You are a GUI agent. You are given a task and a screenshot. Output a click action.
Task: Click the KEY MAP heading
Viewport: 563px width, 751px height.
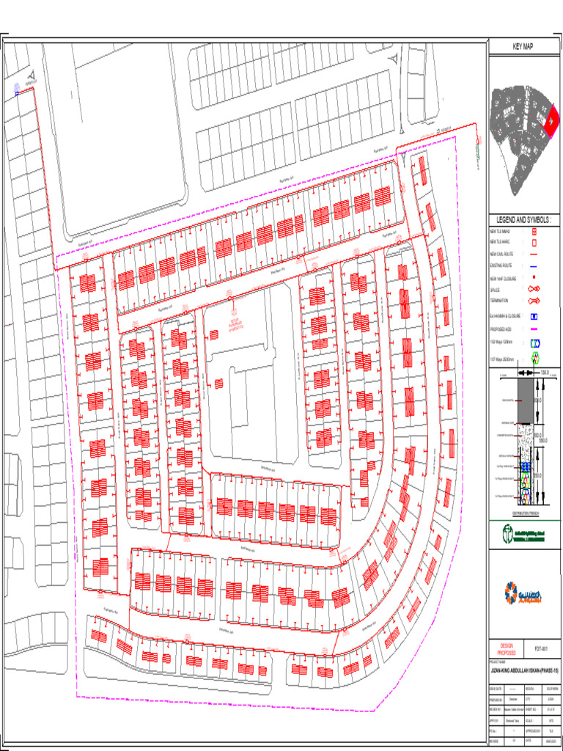(523, 47)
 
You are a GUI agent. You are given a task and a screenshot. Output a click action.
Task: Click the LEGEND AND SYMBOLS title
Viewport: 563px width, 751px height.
(523, 220)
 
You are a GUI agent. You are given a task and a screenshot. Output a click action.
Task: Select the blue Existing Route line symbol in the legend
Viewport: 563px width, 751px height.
(534, 266)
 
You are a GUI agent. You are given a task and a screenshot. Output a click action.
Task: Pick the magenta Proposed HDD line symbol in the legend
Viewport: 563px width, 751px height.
(534, 329)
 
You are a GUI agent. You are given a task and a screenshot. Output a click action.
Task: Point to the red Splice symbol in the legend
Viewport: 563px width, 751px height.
(534, 290)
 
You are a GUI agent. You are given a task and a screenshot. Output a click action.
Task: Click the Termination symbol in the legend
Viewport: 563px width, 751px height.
(534, 301)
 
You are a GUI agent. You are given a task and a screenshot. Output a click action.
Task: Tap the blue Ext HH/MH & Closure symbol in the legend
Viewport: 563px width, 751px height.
(534, 316)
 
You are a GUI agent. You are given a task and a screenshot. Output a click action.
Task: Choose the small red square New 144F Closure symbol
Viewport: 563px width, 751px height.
(534, 277)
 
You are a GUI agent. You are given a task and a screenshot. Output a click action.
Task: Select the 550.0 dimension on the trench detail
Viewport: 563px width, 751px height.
(543, 441)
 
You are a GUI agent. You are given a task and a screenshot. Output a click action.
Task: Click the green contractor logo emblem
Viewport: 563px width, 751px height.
(507, 532)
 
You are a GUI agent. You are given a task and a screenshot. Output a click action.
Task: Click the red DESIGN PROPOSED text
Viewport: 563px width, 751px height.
(507, 649)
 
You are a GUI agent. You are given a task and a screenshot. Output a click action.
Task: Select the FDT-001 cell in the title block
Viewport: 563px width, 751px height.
(542, 648)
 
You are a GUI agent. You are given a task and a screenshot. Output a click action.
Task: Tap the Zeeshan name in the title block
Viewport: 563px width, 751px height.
(513, 700)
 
